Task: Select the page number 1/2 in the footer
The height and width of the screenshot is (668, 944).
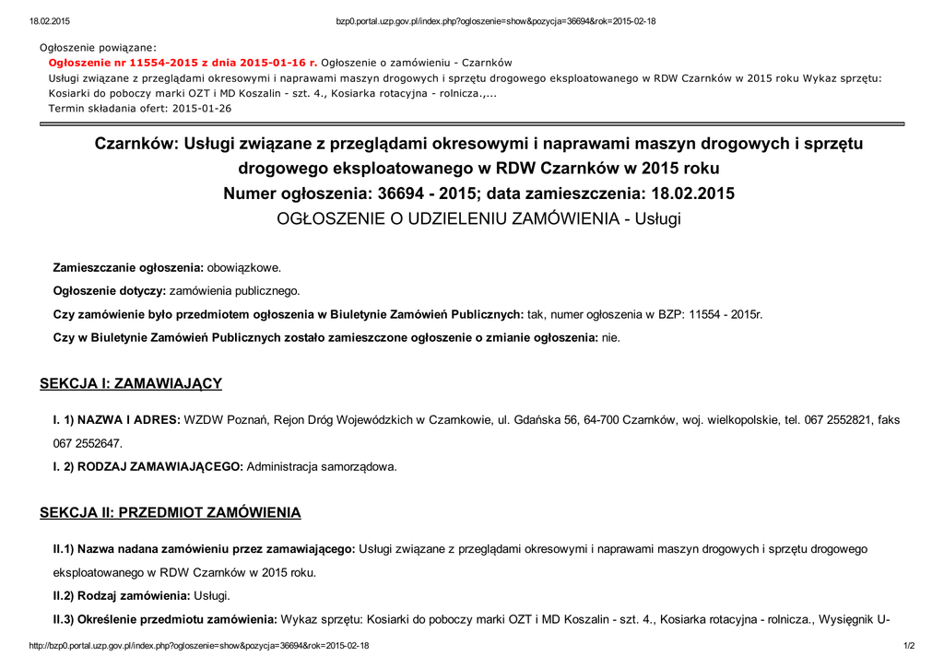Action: click(908, 646)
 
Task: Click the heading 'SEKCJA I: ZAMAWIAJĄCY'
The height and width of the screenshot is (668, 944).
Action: click(131, 383)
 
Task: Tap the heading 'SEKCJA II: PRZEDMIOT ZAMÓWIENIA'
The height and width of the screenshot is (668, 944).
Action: click(171, 512)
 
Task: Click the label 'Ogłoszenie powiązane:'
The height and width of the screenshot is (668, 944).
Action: click(98, 47)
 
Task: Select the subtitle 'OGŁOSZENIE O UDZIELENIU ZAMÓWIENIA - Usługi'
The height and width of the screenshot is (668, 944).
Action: click(479, 219)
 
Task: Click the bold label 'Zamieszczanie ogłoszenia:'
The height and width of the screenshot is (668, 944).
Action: click(128, 267)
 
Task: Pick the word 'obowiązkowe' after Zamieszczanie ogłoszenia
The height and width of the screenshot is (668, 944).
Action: click(243, 267)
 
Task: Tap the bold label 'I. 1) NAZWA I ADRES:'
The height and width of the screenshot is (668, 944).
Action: click(116, 420)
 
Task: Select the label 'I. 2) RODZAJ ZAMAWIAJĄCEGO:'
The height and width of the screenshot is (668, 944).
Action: click(148, 466)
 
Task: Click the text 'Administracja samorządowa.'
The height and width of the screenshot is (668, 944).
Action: click(322, 466)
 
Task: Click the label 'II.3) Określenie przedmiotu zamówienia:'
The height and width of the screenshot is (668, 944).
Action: click(165, 618)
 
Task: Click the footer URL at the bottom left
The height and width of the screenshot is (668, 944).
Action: click(199, 646)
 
